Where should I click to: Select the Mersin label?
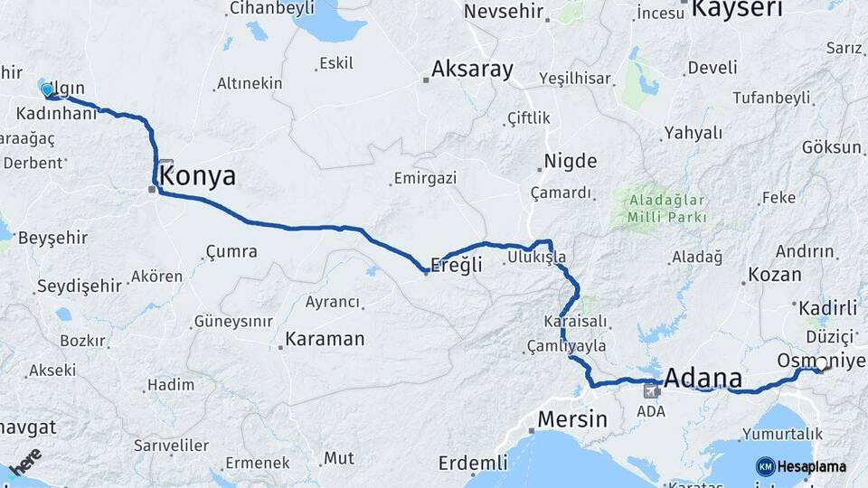coord(571,419)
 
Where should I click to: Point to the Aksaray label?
coord(472,69)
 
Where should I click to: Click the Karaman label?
coord(325,340)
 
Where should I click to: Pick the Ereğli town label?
coord(456,264)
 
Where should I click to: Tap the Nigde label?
coord(570,162)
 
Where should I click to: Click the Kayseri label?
coord(737,9)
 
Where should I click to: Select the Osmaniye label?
coord(815,360)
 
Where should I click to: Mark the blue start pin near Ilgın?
coord(46,89)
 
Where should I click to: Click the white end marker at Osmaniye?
coord(822,364)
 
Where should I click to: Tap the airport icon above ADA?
coord(651,391)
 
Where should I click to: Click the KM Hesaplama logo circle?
coord(765,466)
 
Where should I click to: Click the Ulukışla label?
coord(537,258)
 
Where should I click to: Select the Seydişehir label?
coord(79,286)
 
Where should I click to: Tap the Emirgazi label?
coord(425,179)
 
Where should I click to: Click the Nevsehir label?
coord(506,12)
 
